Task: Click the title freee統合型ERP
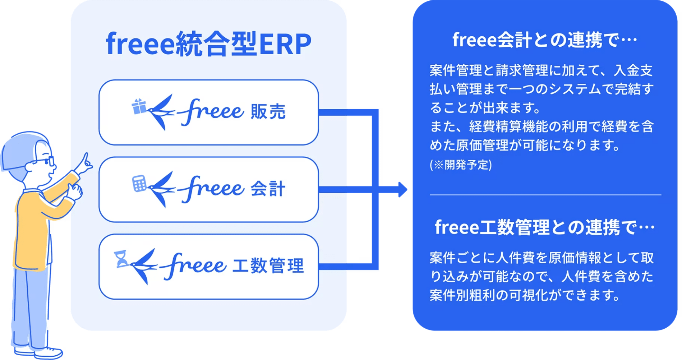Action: click(x=208, y=44)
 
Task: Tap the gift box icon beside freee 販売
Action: click(x=139, y=106)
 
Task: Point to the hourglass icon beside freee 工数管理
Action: click(x=121, y=259)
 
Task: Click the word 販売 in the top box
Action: click(x=268, y=111)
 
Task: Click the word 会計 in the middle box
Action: click(x=268, y=189)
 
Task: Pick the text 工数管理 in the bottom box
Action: click(x=268, y=266)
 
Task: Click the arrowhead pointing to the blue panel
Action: click(x=403, y=189)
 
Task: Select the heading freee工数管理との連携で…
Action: click(x=544, y=227)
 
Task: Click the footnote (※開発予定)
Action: click(x=461, y=165)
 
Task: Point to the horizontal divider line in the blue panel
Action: click(x=545, y=195)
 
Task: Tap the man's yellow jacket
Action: click(x=32, y=230)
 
